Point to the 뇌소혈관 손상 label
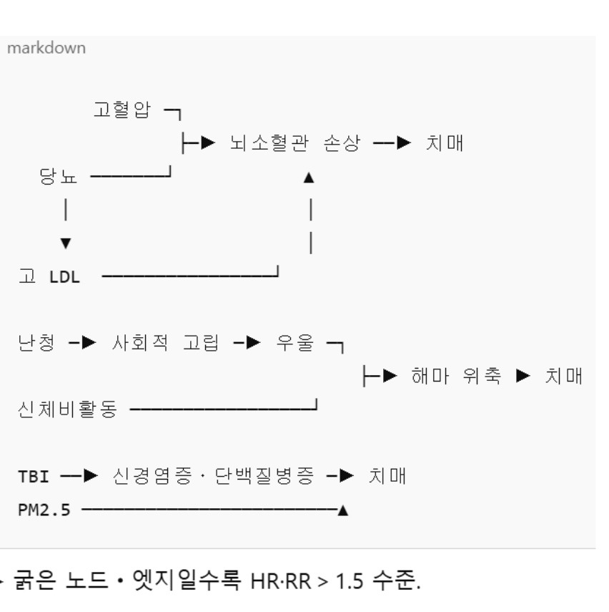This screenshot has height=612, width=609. tap(294, 143)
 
